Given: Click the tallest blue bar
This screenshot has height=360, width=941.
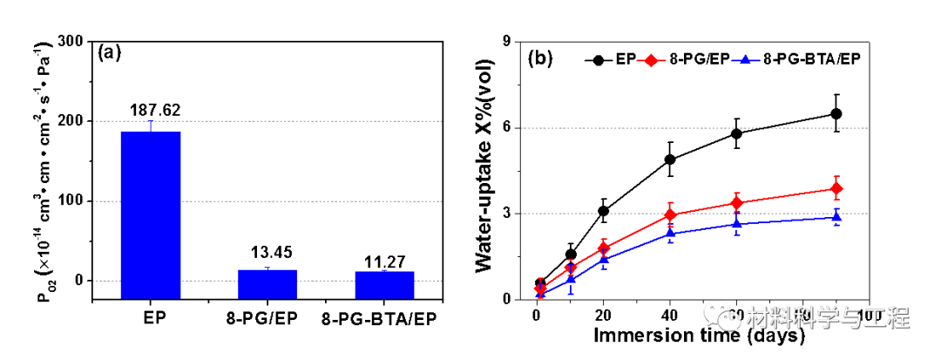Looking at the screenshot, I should [x=150, y=214].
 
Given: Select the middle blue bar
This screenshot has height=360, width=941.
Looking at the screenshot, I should [x=267, y=284].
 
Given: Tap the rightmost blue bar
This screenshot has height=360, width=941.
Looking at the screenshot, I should [x=384, y=285].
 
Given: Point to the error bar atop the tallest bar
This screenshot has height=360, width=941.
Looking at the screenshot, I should [x=151, y=125].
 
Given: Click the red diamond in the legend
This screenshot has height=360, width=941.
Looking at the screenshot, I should [x=651, y=60].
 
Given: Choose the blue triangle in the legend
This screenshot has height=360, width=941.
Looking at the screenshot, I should [x=745, y=60].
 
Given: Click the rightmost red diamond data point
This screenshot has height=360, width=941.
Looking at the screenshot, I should [x=836, y=188].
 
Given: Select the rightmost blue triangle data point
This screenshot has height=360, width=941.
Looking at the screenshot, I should [x=836, y=216].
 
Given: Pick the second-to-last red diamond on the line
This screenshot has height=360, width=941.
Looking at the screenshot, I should [x=737, y=203].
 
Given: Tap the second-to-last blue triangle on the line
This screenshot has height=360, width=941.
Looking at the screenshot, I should [x=737, y=224].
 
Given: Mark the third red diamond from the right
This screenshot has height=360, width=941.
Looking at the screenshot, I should [x=670, y=214].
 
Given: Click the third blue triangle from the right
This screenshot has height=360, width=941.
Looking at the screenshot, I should [x=670, y=233].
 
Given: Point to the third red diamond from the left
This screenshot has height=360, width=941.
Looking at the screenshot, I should [x=603, y=248].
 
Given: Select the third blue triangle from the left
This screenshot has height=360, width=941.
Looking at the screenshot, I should [x=603, y=259].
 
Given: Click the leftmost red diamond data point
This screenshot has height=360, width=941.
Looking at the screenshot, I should [x=540, y=289].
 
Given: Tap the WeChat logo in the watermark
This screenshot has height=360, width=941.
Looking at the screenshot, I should [x=721, y=316].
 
